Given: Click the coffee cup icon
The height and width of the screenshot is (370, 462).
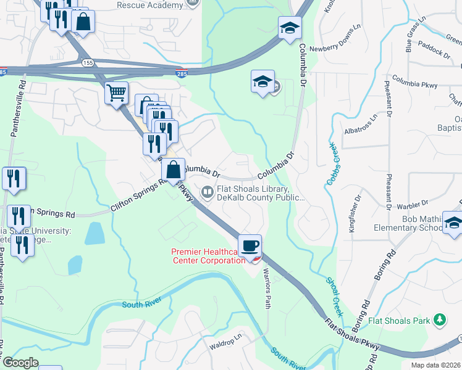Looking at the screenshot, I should click(250, 246).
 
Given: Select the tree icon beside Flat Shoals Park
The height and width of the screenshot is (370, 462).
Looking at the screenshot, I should click(439, 319).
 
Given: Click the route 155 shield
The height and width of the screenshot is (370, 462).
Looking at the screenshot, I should click(85, 62).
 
